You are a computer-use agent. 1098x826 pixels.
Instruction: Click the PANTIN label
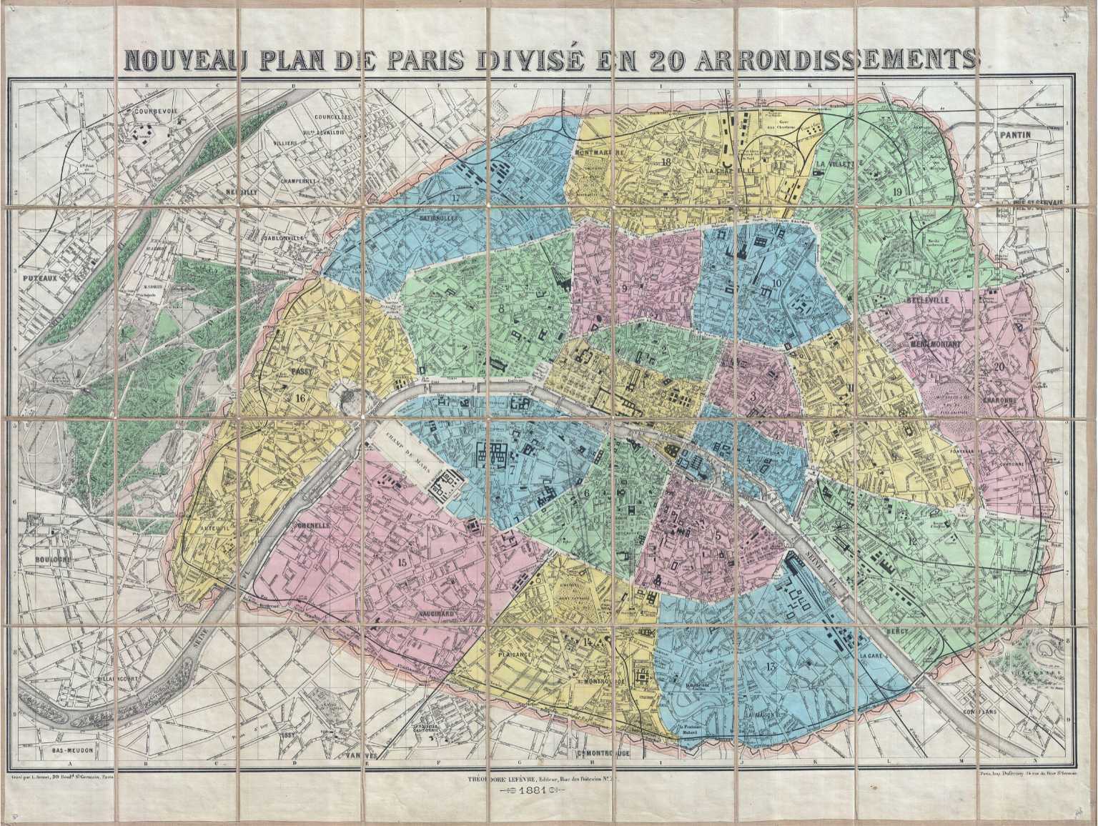tap(1014, 134)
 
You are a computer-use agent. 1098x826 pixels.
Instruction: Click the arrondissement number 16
tap(297, 397)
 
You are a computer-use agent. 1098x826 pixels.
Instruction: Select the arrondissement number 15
tap(402, 562)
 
